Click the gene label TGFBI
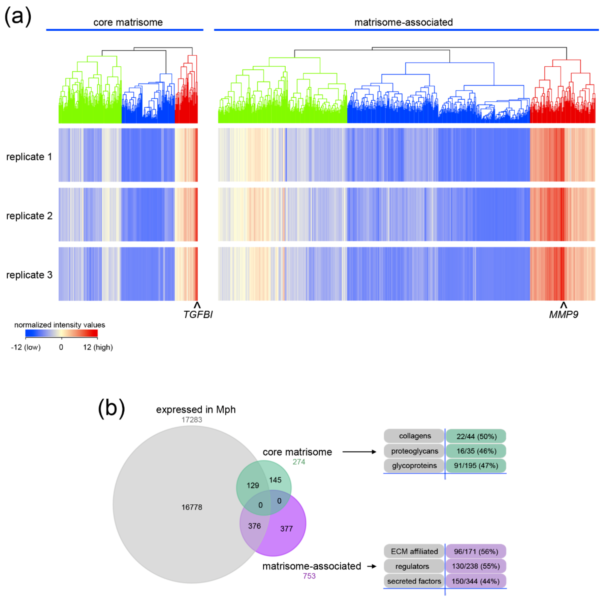coord(198,314)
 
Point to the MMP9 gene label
coord(563,314)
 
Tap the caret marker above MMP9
coord(563,305)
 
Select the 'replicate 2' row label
coord(29,216)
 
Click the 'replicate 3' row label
coord(29,275)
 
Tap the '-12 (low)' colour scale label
coord(26,347)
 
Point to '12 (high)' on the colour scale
coord(98,347)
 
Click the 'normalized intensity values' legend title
coord(60,325)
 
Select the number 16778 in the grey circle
coord(192,507)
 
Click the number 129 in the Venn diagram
coord(253,485)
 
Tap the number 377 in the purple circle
coord(286,529)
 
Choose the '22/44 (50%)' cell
coord(476,436)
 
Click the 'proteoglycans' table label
coord(414,451)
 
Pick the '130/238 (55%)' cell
coord(476,566)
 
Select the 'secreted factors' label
coord(414,581)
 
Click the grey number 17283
coord(192,420)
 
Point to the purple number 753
coord(309,576)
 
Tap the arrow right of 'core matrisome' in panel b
coord(359,452)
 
